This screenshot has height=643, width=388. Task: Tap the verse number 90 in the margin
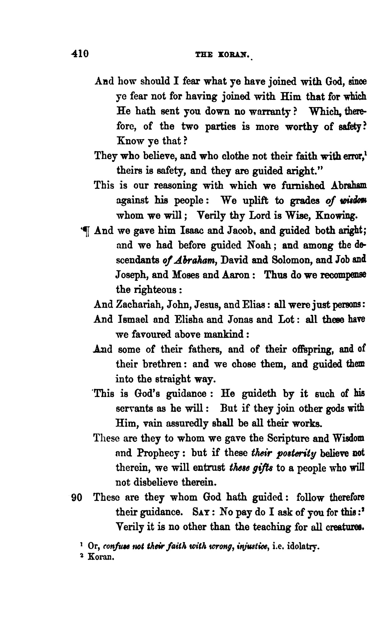pyautogui.click(x=77, y=498)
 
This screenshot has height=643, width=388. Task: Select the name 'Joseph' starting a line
pyautogui.click(x=130, y=275)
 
